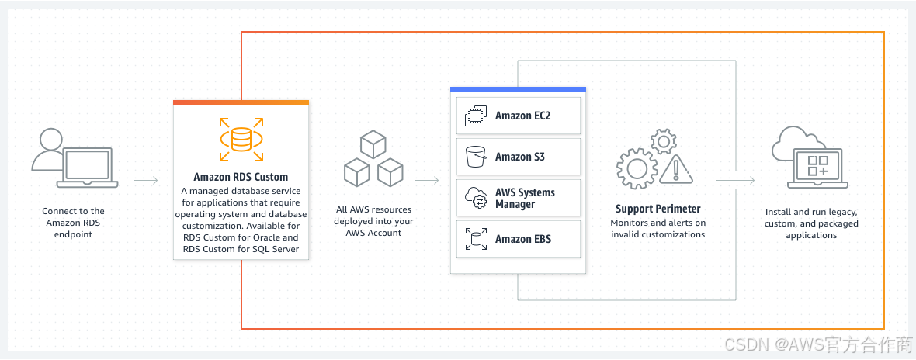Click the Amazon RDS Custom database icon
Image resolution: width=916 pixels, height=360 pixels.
pos(241,137)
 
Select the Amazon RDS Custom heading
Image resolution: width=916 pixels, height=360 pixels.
pos(241,177)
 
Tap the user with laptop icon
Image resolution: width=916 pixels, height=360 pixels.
pos(75,160)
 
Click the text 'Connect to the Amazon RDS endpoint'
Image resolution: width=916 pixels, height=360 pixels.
pos(75,223)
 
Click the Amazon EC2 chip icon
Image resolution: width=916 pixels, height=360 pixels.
pos(474,116)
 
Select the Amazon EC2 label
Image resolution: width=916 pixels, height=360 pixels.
pos(523,116)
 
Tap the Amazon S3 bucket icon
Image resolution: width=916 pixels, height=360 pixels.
pos(474,157)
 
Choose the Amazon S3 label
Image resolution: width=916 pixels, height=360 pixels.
pos(520,157)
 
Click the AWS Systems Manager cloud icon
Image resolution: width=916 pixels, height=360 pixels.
pos(474,199)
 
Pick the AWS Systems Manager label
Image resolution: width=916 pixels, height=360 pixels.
pos(525,199)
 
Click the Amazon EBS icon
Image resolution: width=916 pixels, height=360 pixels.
pos(474,239)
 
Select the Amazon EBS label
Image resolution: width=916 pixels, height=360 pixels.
pos(523,239)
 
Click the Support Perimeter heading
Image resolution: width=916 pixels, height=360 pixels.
pos(658,209)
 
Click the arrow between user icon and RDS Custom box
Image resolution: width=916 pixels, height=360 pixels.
pos(146,181)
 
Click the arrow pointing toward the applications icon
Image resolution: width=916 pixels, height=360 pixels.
pos(735,181)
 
